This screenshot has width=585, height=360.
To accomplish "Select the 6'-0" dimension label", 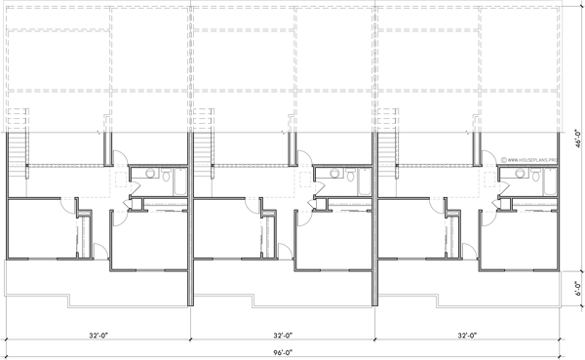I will pos(577,290).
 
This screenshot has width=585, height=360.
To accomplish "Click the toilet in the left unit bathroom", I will pos(165,177).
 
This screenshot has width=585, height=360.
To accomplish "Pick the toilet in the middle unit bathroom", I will pos(350,177).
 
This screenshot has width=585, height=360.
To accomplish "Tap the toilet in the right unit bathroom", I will pos(535,177).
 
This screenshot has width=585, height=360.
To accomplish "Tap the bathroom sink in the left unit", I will pos(146,176).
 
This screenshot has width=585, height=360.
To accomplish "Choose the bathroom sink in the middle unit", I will pos(331,176).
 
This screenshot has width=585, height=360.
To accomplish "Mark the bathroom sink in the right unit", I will pos(517,176).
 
